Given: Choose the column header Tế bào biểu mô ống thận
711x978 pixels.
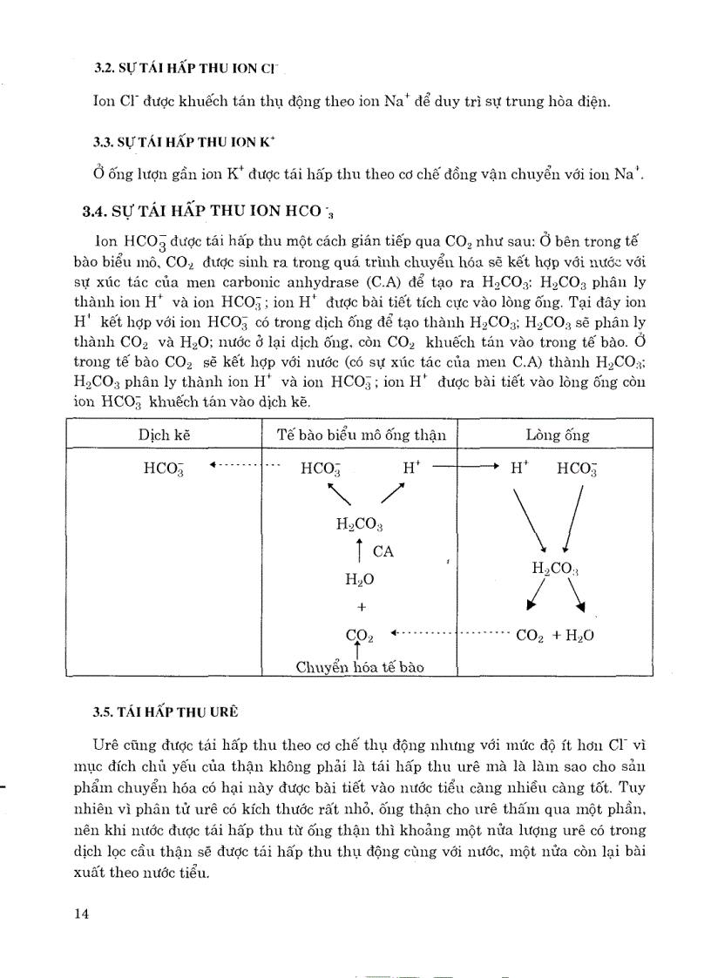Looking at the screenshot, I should coord(361,435).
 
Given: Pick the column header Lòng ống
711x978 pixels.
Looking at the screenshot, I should coord(558,435).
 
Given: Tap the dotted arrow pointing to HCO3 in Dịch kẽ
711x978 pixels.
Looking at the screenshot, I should coord(244,467).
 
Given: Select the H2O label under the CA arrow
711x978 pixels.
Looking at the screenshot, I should coord(359,577).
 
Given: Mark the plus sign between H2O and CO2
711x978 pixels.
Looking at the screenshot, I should coord(359,606).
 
